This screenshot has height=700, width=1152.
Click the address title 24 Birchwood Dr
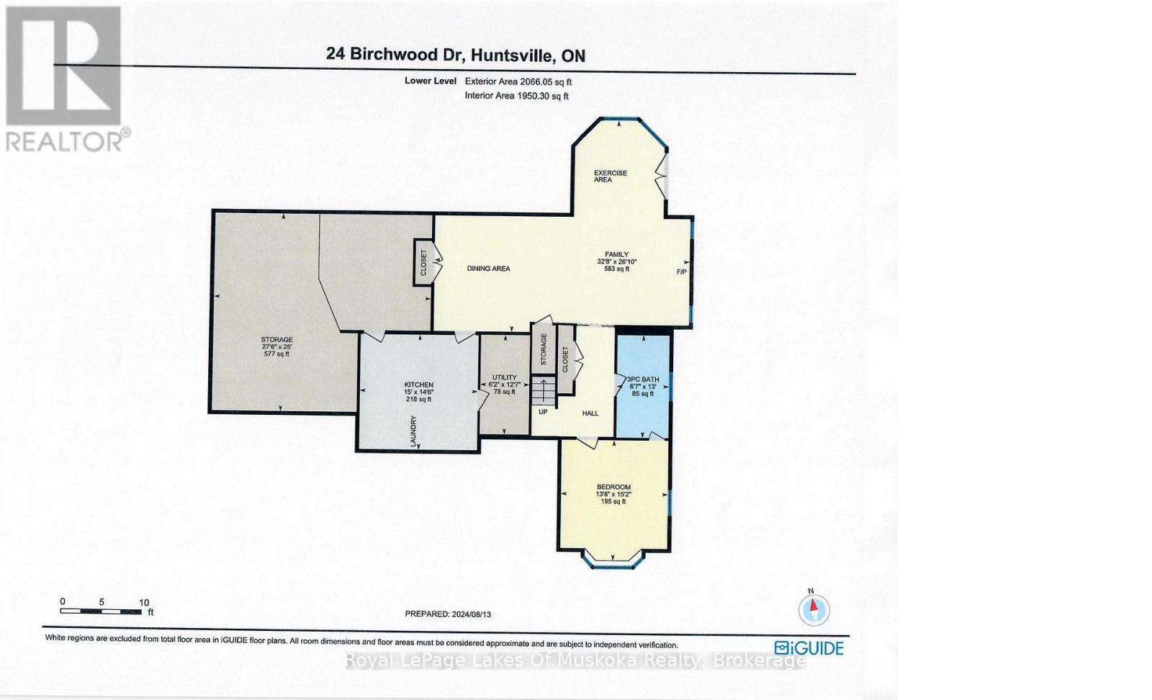click(455, 55)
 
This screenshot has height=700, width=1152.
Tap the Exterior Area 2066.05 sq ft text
click(518, 81)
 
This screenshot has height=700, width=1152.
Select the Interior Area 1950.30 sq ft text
click(517, 95)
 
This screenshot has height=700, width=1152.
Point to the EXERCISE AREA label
click(610, 176)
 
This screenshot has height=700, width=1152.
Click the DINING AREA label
click(488, 269)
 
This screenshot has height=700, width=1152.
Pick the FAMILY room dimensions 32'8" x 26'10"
click(617, 261)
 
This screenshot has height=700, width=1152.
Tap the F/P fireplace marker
click(681, 272)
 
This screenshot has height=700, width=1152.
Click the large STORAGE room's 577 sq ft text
click(276, 354)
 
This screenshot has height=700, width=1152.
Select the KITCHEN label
click(418, 385)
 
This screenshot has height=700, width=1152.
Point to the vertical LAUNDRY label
click(414, 431)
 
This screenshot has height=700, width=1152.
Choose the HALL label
click(590, 413)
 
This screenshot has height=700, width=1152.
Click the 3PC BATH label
click(642, 380)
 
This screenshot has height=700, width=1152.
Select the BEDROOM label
click(613, 487)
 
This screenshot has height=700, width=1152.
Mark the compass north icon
click(814, 609)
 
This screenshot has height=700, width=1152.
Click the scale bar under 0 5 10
click(100, 611)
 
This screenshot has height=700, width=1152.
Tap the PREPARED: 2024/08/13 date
click(452, 614)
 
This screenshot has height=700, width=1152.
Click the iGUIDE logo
click(809, 647)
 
